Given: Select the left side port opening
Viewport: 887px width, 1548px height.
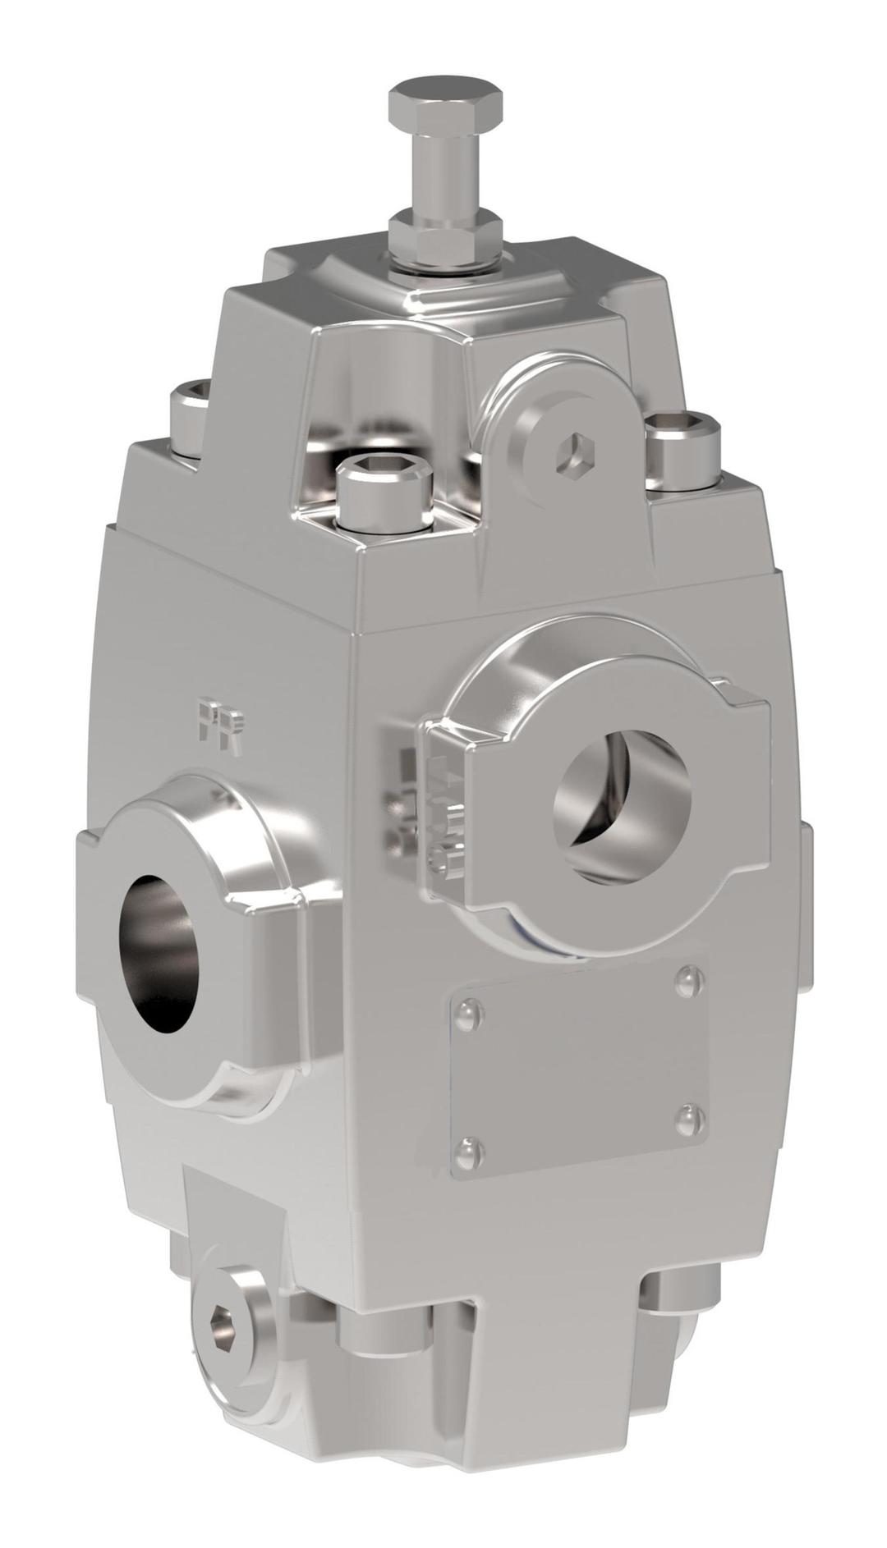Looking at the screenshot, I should coord(161,952).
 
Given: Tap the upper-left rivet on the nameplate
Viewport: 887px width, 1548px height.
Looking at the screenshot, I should coord(469,1016).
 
